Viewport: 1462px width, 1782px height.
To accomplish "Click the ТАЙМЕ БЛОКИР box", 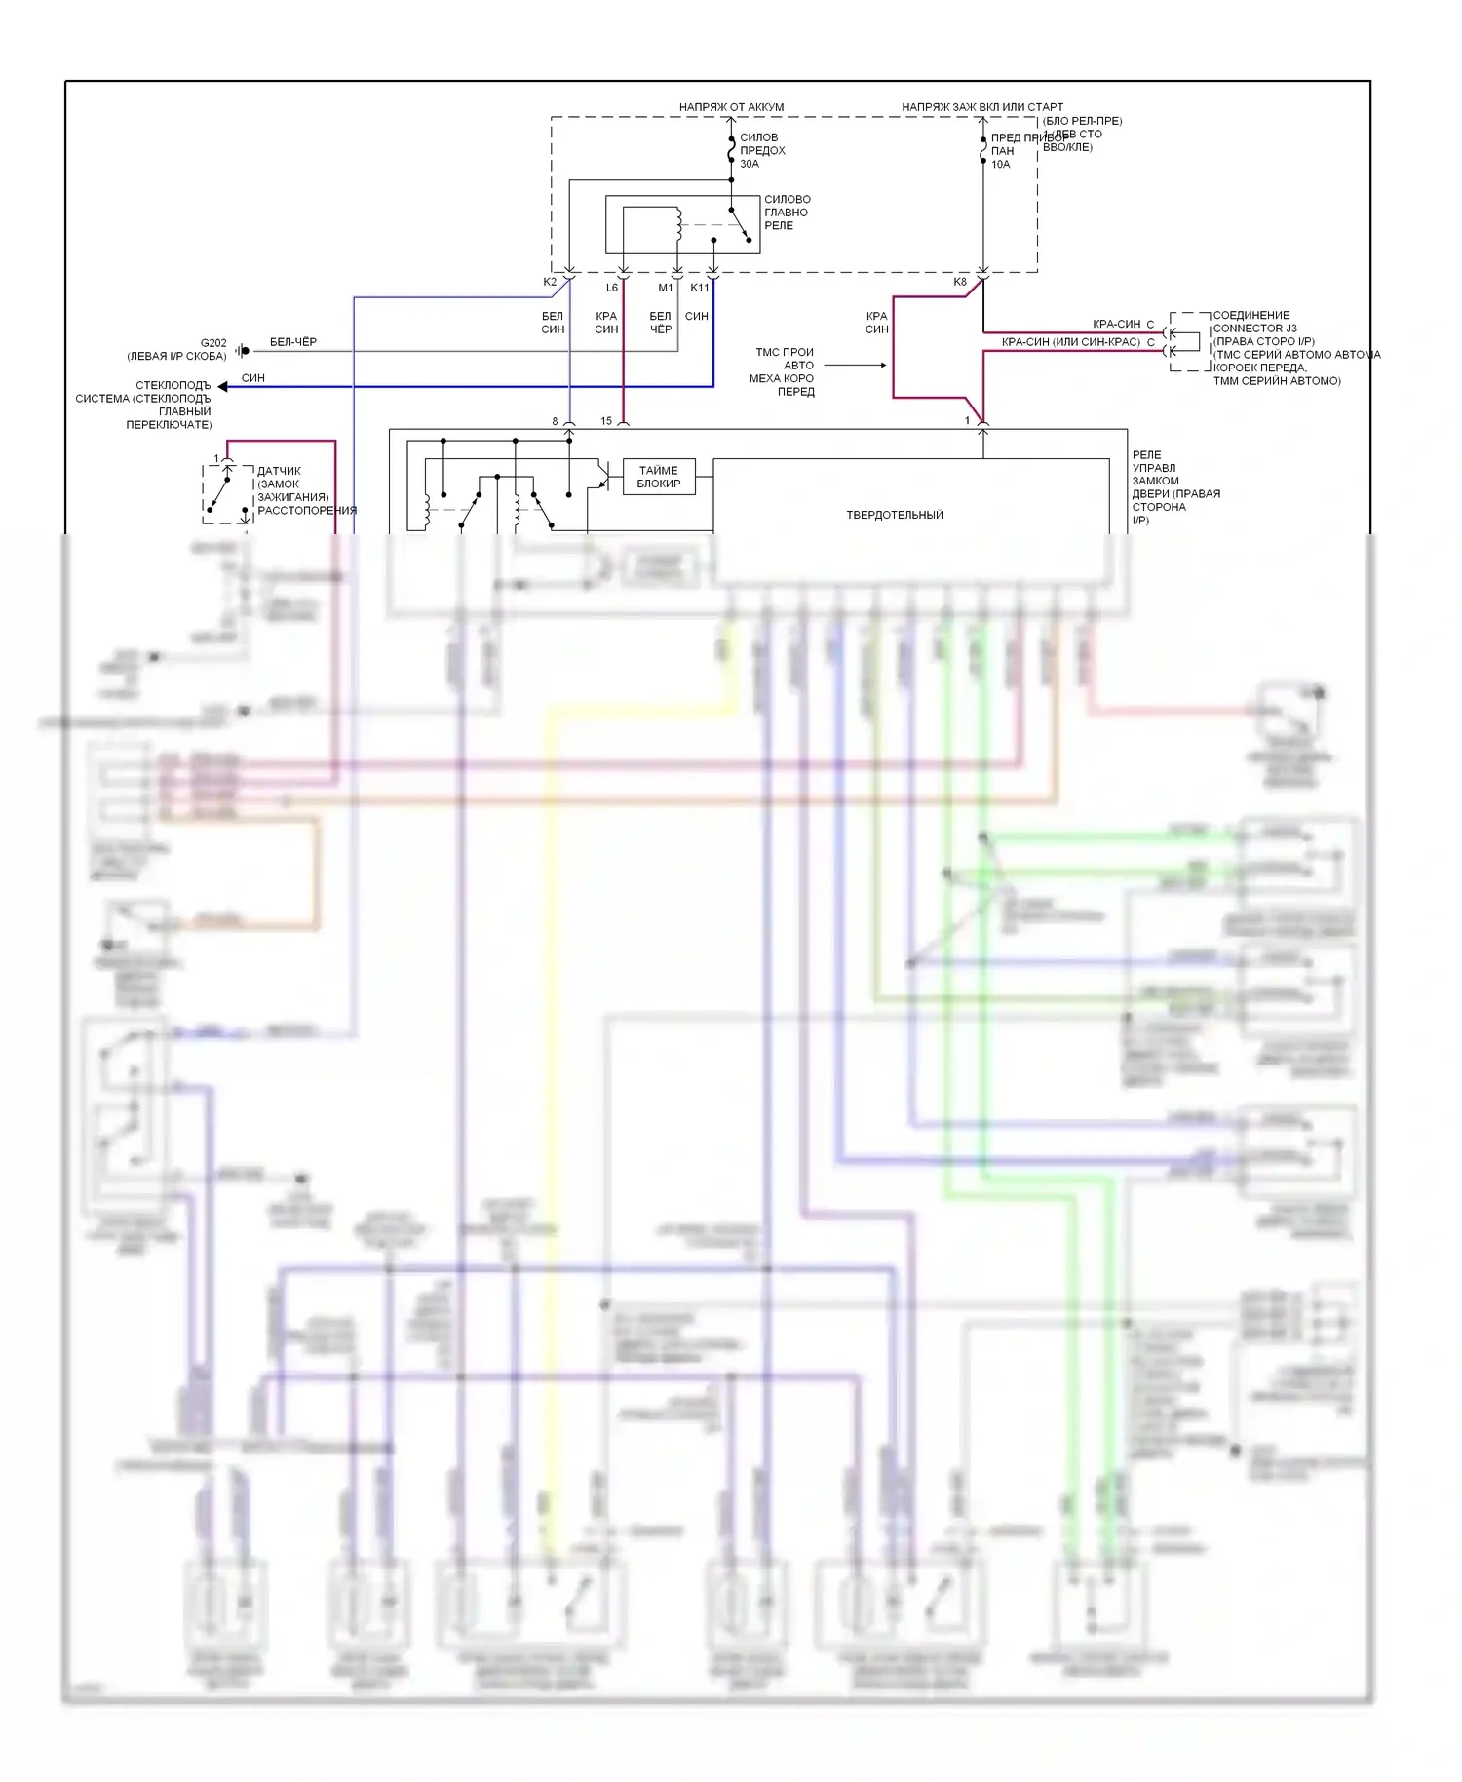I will (659, 477).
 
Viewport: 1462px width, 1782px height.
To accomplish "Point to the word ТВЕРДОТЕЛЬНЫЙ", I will (894, 515).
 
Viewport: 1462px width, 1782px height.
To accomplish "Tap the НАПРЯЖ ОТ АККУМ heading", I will (731, 107).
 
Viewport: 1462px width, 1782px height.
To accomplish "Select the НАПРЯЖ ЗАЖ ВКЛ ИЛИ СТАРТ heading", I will (981, 107).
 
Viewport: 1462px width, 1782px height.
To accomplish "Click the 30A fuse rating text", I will (749, 164).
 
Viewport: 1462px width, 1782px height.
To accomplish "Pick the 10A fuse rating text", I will (1001, 165).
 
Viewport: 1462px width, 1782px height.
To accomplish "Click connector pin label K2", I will (550, 282).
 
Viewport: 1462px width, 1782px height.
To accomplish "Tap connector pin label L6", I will (612, 288).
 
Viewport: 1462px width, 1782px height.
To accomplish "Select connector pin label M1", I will (666, 288).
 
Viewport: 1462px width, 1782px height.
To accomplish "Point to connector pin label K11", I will (700, 288).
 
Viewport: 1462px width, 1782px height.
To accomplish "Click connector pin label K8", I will (960, 282).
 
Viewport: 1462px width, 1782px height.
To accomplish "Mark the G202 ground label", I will (213, 343).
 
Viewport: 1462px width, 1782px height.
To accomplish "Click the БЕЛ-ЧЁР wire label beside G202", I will (293, 342).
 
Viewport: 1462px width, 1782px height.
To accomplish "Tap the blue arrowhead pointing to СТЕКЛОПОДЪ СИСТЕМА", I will (223, 387).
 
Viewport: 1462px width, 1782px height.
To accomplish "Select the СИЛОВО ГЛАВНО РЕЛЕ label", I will (787, 213).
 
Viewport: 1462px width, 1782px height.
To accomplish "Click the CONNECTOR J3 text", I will (1254, 329).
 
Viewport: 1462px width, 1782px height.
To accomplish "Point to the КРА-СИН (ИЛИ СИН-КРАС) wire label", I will (1070, 342).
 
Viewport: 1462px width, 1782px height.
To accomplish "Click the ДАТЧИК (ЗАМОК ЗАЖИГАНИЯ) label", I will (292, 484).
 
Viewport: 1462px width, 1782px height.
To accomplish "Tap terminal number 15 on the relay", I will (606, 421).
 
